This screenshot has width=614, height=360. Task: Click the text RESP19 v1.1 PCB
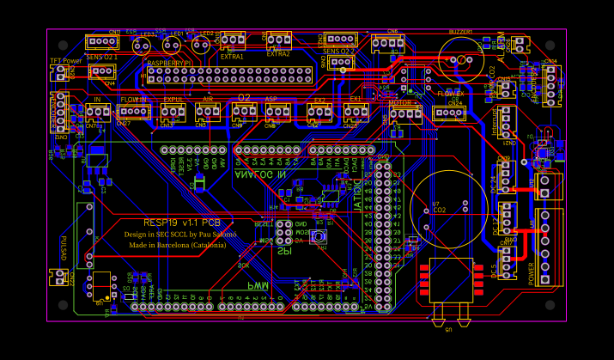[x=180, y=223]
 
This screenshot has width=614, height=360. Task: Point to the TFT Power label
[x=65, y=61]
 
